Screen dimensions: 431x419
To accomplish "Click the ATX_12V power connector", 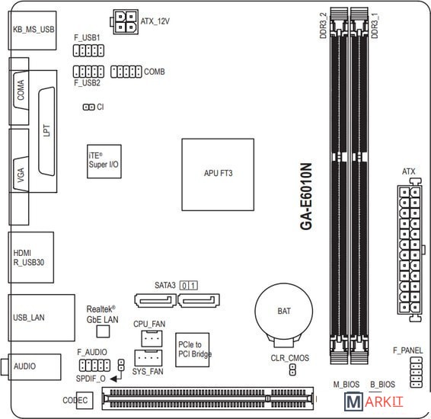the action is click(x=126, y=22).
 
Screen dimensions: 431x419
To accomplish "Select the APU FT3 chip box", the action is click(x=218, y=174).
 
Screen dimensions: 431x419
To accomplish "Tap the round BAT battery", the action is click(x=284, y=312).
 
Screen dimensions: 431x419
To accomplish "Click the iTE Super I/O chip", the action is click(x=104, y=162).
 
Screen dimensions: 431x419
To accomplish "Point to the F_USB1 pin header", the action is click(x=88, y=50).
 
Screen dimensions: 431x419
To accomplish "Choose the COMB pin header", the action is click(x=126, y=72).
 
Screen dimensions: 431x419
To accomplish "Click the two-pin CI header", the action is click(x=89, y=107).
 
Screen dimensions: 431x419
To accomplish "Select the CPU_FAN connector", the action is click(x=152, y=338).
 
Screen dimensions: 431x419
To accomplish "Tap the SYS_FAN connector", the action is click(x=148, y=358).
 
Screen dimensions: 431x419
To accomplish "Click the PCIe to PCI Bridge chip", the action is click(x=193, y=350).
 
